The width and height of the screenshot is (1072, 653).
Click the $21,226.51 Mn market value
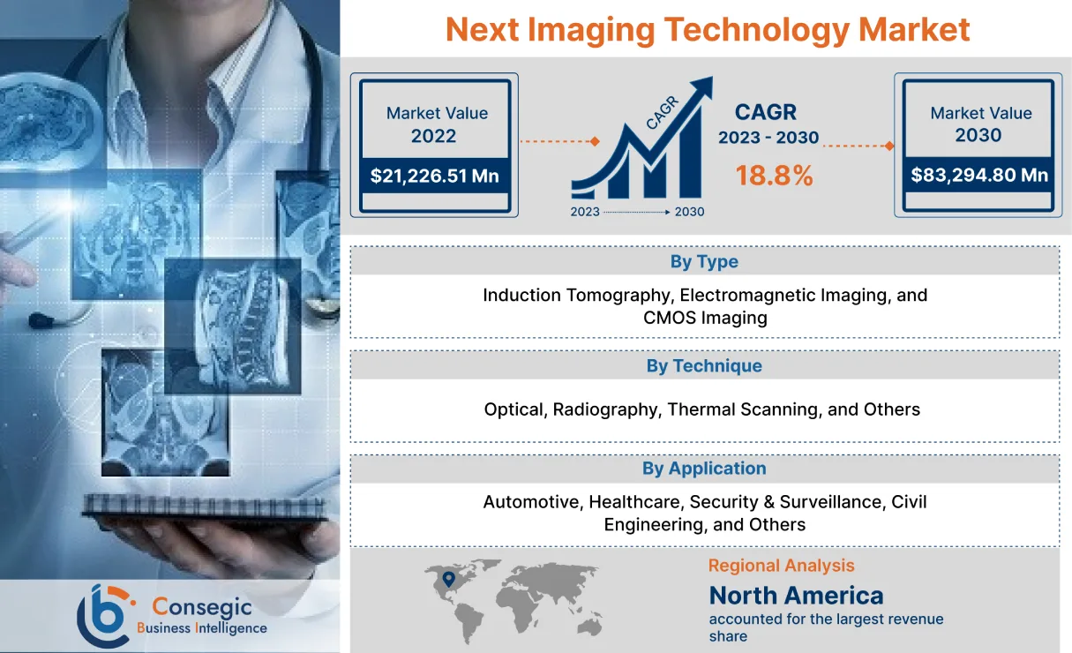[434, 176]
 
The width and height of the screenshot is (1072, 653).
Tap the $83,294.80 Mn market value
[979, 175]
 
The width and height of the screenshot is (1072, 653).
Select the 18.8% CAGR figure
[774, 176]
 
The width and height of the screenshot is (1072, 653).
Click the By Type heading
[704, 261]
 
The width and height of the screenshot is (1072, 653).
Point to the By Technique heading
[704, 365]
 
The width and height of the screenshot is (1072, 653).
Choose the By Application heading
[704, 469]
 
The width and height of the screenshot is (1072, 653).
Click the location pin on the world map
[448, 579]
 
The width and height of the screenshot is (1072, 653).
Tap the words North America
[796, 595]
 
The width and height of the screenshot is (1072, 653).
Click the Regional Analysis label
[781, 566]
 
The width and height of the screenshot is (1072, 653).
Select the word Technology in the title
[754, 29]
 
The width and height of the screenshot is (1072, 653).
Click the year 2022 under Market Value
[433, 136]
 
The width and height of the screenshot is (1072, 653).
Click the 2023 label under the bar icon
[585, 212]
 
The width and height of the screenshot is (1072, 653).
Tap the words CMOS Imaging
[705, 318]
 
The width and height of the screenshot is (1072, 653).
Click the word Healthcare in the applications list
[635, 502]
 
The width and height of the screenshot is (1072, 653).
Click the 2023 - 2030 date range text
[768, 138]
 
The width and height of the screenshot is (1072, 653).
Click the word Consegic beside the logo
[202, 606]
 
